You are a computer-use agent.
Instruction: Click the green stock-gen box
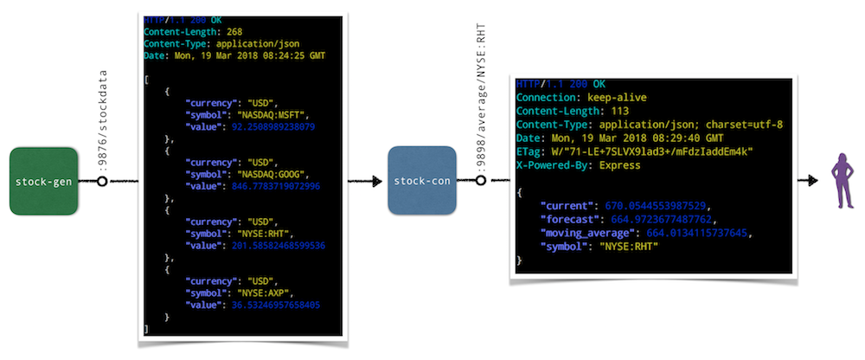tap(45, 182)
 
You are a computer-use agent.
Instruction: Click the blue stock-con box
tap(421, 182)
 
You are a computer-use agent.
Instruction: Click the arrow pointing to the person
tap(806, 181)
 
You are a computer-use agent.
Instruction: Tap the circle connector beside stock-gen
tap(102, 182)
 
